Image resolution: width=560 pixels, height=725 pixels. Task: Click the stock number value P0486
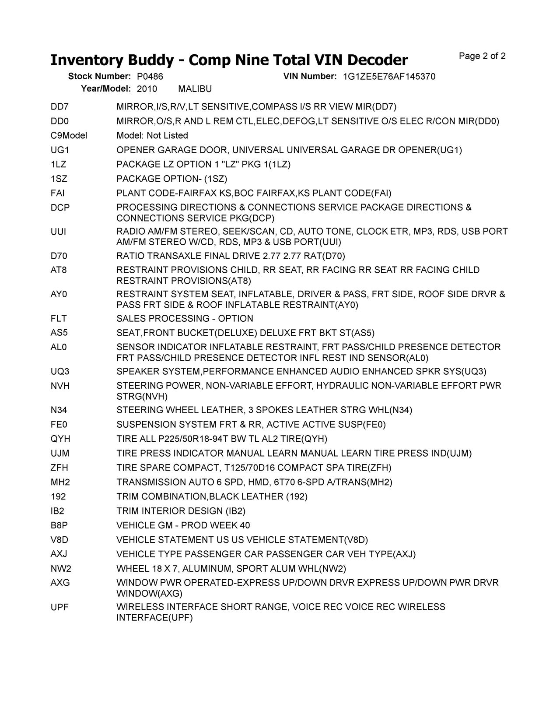(x=147, y=77)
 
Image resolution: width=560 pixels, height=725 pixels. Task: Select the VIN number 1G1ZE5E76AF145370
(x=389, y=77)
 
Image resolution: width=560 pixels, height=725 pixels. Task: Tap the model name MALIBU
(x=195, y=89)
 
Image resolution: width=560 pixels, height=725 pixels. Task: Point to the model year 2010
(x=147, y=89)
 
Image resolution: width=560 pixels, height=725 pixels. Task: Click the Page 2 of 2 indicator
(x=482, y=56)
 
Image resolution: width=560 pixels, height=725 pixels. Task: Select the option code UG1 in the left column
(x=60, y=150)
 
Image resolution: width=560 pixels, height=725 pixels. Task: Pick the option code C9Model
(x=69, y=136)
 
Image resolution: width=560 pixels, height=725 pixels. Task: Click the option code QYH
(x=60, y=439)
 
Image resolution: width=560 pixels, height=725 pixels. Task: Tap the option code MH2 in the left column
(x=60, y=482)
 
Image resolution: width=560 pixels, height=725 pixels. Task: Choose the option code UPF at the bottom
(x=60, y=607)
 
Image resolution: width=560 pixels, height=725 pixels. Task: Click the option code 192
(x=58, y=497)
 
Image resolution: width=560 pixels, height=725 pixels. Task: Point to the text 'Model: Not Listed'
(x=152, y=136)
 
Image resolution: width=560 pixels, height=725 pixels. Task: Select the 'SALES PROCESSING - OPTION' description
(x=185, y=319)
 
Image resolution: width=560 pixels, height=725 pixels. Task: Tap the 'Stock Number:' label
(x=99, y=77)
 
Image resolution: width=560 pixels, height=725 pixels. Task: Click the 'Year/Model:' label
(x=106, y=89)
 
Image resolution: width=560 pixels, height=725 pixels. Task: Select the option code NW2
(x=60, y=569)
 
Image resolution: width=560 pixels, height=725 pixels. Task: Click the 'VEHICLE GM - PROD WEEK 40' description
(x=183, y=525)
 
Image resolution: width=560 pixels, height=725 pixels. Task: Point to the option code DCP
(x=60, y=208)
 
